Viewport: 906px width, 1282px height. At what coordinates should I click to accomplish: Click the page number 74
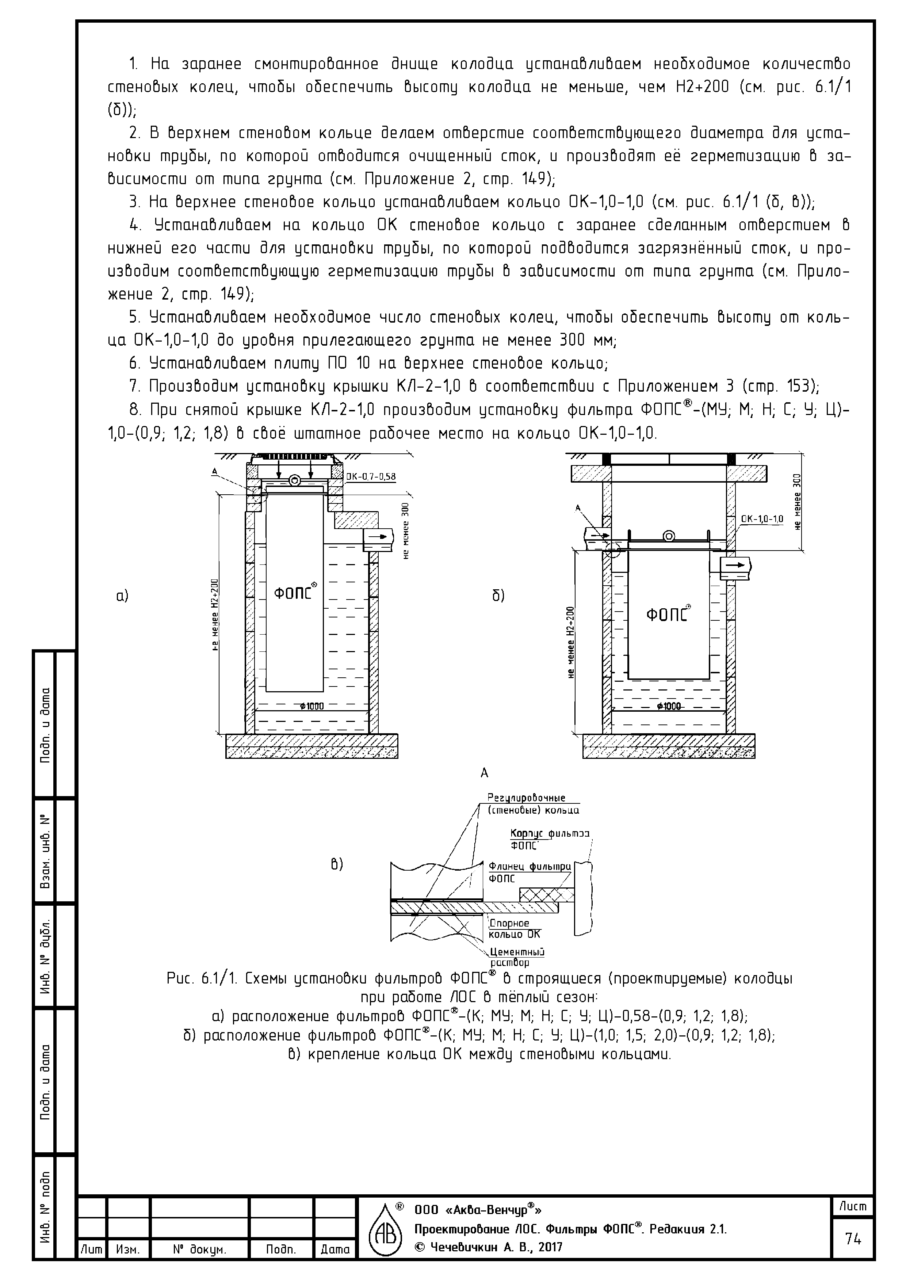pyautogui.click(x=852, y=1239)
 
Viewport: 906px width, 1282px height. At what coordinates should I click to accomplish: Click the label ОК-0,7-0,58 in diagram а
pyautogui.click(x=371, y=477)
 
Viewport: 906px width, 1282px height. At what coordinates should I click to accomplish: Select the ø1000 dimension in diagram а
pyautogui.click(x=311, y=706)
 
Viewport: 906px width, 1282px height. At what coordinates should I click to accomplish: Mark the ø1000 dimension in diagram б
pyautogui.click(x=668, y=706)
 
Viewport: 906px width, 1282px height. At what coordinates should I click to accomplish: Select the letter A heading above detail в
pyautogui.click(x=484, y=773)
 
